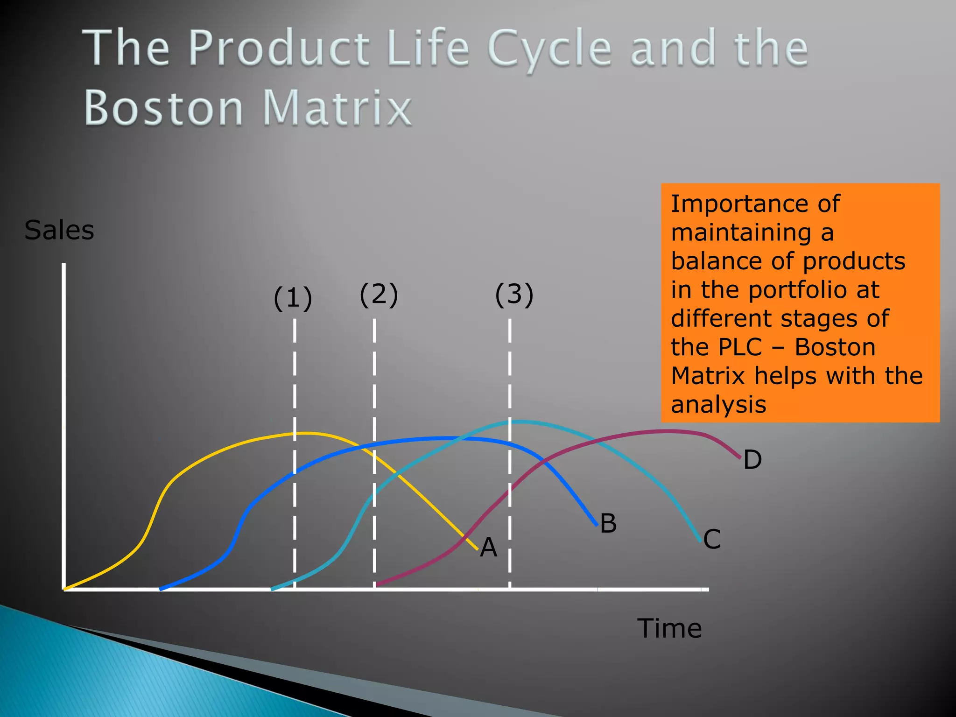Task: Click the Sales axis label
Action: tap(59, 231)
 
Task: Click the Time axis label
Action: tap(669, 628)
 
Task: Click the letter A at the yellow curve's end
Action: tap(488, 547)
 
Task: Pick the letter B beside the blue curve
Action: tap(608, 523)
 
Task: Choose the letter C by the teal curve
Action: tap(712, 539)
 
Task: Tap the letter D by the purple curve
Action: tap(752, 460)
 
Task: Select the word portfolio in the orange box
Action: tap(798, 290)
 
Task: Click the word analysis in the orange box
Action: tap(718, 404)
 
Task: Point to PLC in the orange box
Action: tap(739, 347)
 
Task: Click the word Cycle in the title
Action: tap(549, 49)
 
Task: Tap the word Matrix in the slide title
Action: tap(337, 108)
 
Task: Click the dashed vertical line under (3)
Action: tap(509, 373)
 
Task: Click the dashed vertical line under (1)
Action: tap(295, 373)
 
